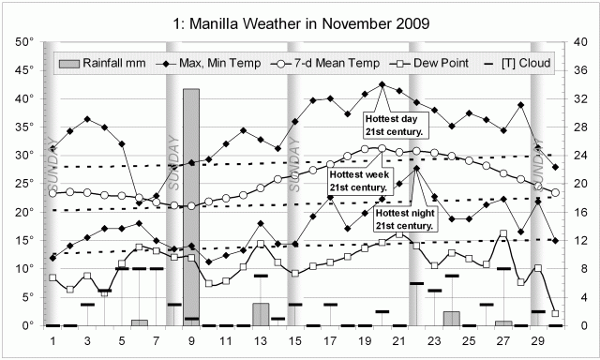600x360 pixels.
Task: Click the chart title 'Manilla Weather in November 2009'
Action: (x=300, y=18)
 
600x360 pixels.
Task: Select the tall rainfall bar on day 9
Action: (x=191, y=206)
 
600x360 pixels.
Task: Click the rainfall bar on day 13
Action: (x=261, y=314)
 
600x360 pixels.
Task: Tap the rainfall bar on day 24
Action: (x=451, y=318)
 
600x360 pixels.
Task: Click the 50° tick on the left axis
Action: (x=25, y=41)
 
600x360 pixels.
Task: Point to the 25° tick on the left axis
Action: (x=25, y=184)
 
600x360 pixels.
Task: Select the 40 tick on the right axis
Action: (x=579, y=41)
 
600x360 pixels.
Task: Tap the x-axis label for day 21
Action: (x=398, y=340)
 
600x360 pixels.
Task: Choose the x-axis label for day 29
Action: (x=537, y=340)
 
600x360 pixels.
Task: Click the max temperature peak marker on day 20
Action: (x=382, y=84)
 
